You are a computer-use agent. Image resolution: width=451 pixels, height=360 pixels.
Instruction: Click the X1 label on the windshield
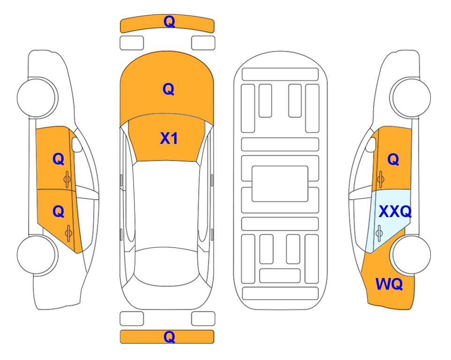(169, 139)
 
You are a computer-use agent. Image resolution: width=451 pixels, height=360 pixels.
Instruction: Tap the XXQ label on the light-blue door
(395, 212)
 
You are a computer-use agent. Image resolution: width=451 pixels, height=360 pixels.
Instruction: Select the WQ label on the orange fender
(389, 284)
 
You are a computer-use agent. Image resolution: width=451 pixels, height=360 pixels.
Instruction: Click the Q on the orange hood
(169, 89)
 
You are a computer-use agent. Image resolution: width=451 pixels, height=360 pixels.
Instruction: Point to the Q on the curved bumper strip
(169, 22)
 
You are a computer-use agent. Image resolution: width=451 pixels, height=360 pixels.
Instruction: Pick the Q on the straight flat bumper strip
(169, 337)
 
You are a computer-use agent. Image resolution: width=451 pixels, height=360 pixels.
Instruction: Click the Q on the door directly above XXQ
(393, 159)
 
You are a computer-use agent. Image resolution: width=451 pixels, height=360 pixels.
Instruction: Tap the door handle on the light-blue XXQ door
(379, 233)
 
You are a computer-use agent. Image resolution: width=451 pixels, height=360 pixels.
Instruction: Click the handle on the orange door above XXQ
(381, 179)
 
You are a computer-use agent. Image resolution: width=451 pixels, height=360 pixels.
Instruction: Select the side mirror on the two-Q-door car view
(76, 144)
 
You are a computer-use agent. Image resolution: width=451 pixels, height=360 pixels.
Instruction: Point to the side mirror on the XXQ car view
(371, 144)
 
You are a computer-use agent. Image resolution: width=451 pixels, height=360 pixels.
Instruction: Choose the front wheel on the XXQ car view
(410, 97)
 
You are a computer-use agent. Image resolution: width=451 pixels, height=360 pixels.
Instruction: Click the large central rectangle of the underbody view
(280, 184)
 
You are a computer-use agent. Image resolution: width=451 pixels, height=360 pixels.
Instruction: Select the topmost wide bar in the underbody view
(280, 75)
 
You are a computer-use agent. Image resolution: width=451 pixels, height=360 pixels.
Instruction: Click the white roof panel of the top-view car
(166, 204)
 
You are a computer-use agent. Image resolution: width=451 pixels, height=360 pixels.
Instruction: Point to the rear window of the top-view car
(167, 266)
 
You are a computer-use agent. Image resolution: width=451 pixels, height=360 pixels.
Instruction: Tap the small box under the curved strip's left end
(132, 43)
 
